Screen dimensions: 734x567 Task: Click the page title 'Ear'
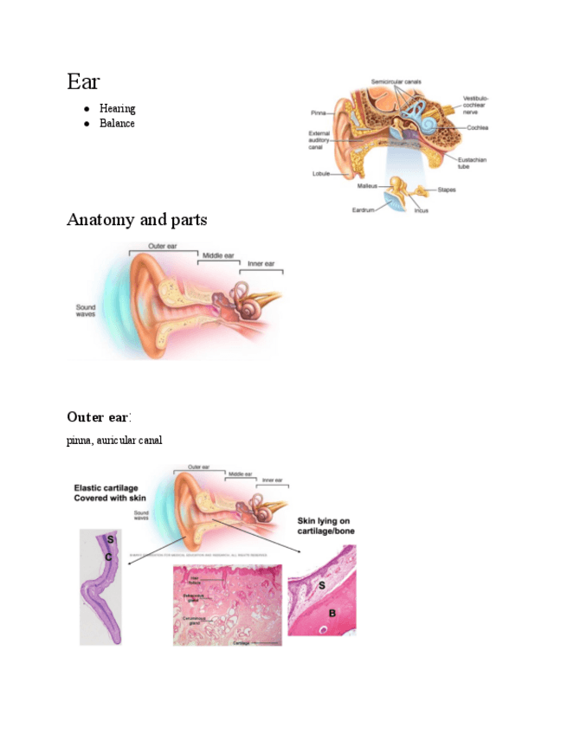pos(83,82)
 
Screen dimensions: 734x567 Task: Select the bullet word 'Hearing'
pos(117,109)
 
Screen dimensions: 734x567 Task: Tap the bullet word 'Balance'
pos(117,124)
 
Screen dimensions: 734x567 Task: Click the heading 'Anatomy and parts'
pos(137,220)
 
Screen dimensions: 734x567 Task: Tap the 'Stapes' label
pos(447,190)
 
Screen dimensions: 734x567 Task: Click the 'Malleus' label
pos(367,185)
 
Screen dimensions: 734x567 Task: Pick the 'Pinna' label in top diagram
pos(319,112)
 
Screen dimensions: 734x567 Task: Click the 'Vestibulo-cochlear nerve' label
pos(475,105)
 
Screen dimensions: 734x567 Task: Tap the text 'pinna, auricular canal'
pos(114,441)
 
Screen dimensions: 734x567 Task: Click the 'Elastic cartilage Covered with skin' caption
pos(110,493)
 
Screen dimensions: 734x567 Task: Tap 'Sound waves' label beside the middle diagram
pos(86,311)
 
